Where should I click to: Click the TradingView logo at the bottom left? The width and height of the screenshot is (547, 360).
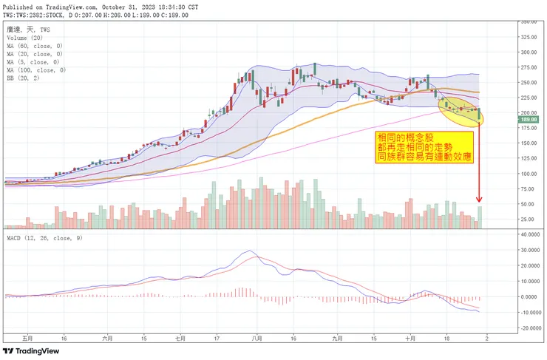pos(32,350)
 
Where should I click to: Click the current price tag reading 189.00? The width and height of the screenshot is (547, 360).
pos(529,119)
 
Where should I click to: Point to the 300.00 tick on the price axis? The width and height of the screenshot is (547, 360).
pos(529,52)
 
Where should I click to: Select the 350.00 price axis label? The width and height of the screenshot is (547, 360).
pos(529,22)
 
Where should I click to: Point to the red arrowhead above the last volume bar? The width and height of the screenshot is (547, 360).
pos(480,199)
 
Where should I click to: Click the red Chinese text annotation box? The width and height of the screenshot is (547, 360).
pos(424,147)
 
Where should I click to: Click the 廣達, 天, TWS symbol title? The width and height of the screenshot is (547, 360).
pos(29,29)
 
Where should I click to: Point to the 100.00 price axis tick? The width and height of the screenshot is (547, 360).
pos(529,174)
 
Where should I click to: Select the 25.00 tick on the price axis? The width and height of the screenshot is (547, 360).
pos(529,220)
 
